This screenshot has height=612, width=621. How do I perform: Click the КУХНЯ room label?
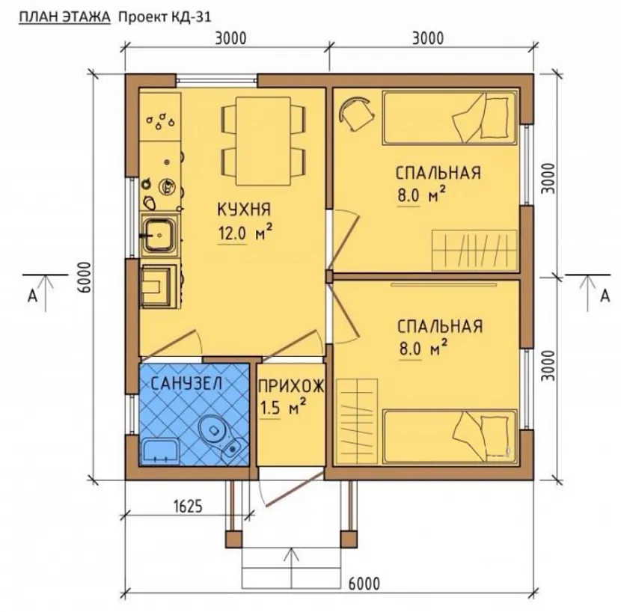244,209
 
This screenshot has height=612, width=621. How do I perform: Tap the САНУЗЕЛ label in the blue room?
186,383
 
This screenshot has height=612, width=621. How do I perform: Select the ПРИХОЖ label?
291,386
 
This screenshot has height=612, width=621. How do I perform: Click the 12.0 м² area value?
245,233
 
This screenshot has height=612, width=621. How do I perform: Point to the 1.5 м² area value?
283,408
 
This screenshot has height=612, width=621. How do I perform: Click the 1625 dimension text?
188,506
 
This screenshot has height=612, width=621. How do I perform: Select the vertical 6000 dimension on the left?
85,277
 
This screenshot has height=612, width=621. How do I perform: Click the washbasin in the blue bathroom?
160,451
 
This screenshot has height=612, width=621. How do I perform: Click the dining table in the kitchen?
263,141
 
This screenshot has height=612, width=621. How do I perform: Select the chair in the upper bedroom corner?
357,113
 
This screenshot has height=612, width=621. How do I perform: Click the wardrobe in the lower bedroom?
356,421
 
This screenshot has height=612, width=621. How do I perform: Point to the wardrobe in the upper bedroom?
474,250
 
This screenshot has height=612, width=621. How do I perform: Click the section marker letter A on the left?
32,296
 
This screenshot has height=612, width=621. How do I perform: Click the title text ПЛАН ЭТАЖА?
65,17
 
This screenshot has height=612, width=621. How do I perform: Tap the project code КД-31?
190,17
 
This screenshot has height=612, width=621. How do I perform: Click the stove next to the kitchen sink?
159,286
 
